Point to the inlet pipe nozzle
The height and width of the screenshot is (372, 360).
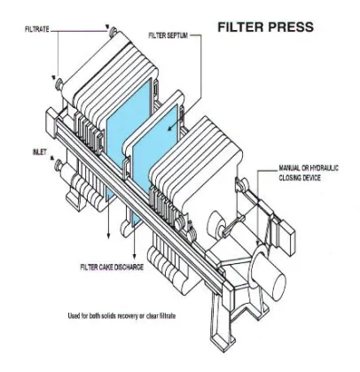pyautogui.click(x=61, y=165)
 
